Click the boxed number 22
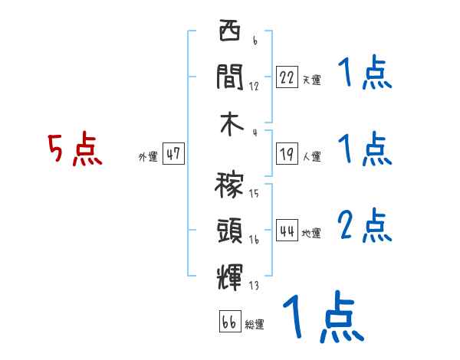pos(287,77)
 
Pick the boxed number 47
pos(173,154)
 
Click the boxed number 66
pos(229,322)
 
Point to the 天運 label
pos(311,80)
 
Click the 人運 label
pos(311,156)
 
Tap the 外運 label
pos(147,157)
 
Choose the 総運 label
pos(255,325)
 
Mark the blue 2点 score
pos(365,225)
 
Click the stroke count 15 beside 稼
pos(254,194)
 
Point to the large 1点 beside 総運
pos(322,316)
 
